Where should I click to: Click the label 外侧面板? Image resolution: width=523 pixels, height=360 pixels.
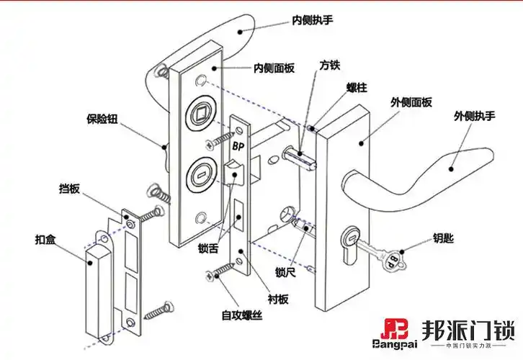pyautogui.click(x=411, y=102)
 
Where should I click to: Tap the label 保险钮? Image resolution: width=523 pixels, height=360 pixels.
pyautogui.click(x=102, y=119)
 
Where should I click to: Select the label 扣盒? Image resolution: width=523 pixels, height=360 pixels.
pyautogui.click(x=45, y=239)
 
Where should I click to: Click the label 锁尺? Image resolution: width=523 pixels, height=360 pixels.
pyautogui.click(x=285, y=271)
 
